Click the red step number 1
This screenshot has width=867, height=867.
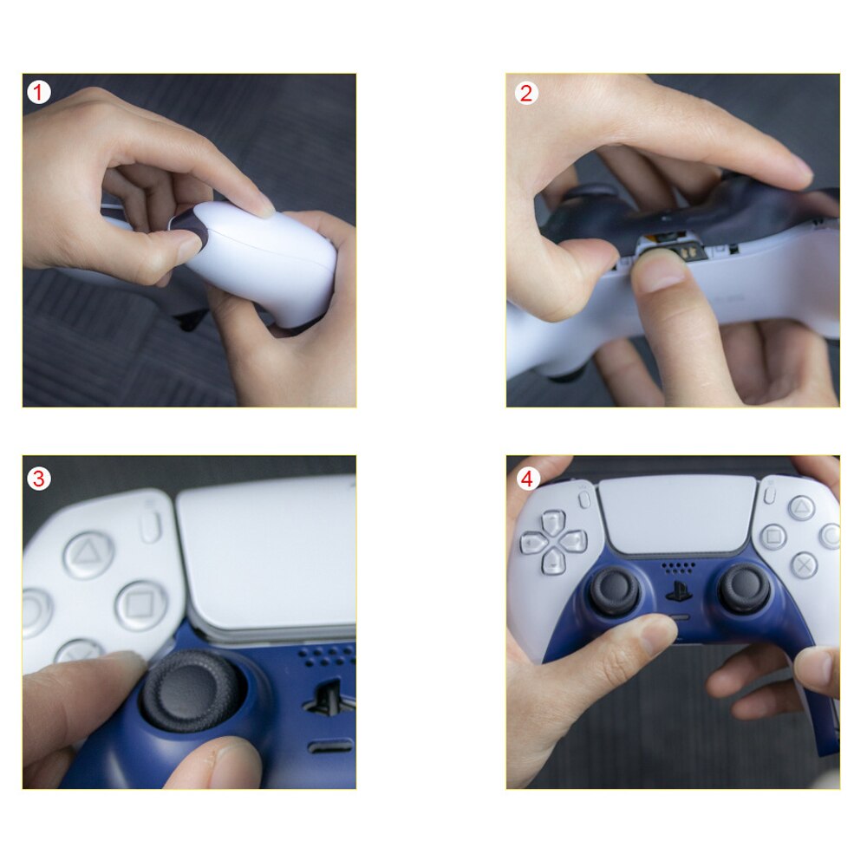[x=38, y=92]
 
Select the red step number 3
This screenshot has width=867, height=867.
[x=38, y=477]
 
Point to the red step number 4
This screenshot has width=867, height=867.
[x=526, y=477]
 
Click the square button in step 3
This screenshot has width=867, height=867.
[x=140, y=604]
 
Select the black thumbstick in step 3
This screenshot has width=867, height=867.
[x=192, y=689]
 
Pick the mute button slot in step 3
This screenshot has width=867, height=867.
[x=330, y=745]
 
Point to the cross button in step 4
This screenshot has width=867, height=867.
[x=804, y=564]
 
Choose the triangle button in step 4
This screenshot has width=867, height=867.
[x=801, y=506]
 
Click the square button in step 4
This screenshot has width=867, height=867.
[x=772, y=537]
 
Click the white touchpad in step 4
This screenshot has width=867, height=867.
[x=678, y=514]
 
